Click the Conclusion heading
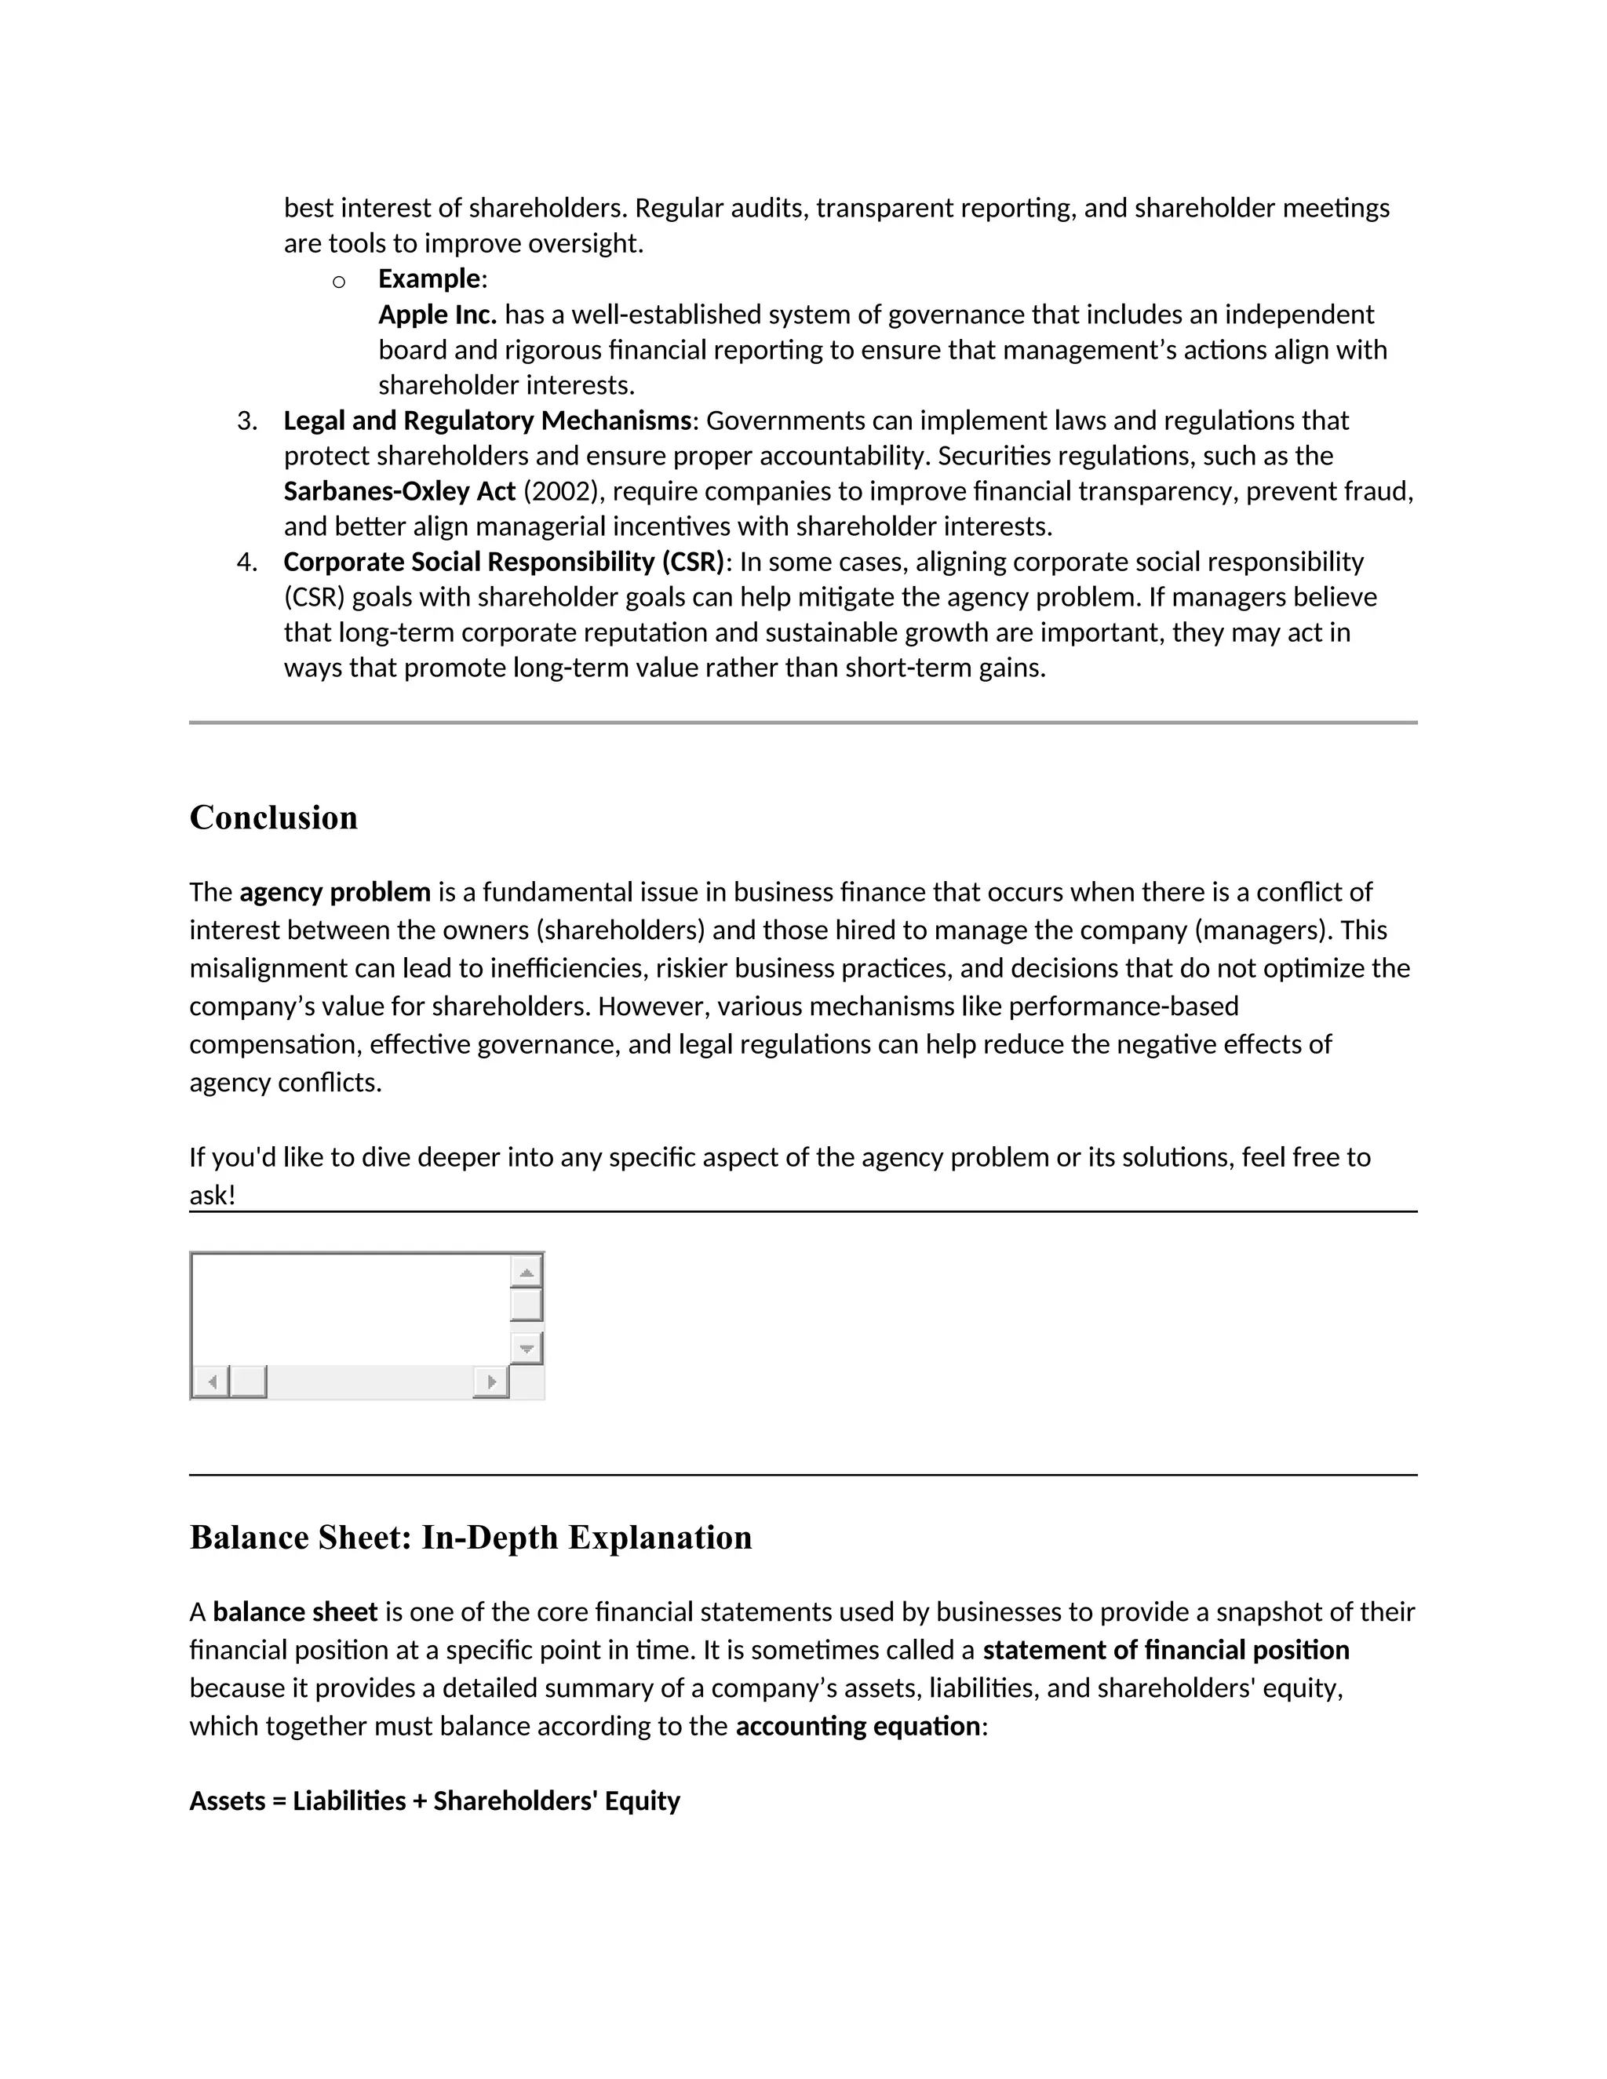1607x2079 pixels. [273, 817]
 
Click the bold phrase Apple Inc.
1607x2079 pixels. [437, 314]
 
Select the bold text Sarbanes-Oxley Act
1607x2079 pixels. [399, 491]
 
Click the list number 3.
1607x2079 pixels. [246, 421]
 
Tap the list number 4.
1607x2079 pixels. [246, 562]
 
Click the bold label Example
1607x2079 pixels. [429, 279]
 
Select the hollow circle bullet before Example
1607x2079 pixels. [338, 281]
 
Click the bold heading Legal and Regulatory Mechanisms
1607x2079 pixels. [487, 421]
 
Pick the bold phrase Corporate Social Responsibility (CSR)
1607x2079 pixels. [504, 562]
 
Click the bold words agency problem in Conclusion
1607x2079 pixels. [335, 892]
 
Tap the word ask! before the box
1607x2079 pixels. [211, 1195]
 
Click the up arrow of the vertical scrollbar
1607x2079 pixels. [526, 1272]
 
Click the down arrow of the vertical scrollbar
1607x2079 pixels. [526, 1348]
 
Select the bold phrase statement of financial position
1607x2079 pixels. [1165, 1650]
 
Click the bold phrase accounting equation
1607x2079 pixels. [857, 1726]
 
